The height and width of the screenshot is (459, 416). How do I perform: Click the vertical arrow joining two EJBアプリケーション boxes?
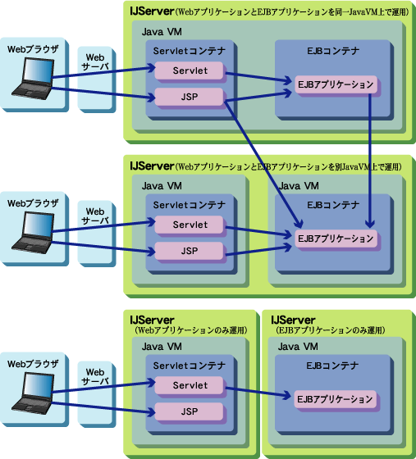[370, 161]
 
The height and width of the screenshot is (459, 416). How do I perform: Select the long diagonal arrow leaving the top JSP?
[263, 164]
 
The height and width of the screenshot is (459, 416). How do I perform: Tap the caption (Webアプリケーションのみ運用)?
[190, 330]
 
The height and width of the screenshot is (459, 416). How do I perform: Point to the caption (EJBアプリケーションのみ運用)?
[330, 330]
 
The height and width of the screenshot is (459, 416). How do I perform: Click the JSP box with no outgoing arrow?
[189, 411]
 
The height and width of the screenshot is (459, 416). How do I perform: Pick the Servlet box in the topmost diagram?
[189, 70]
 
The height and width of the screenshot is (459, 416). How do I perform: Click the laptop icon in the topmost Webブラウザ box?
[33, 79]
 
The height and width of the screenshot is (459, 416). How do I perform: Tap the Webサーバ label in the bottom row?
[95, 376]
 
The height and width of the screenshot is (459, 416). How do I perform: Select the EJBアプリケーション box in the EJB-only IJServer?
[335, 399]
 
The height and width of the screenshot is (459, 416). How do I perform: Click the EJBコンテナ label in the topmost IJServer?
[333, 51]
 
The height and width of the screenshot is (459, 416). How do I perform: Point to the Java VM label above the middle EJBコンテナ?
[299, 186]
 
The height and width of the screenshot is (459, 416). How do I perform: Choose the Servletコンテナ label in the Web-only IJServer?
[190, 366]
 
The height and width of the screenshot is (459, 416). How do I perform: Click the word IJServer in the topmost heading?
[152, 11]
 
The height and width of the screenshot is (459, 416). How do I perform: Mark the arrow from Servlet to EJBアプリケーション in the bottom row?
[258, 393]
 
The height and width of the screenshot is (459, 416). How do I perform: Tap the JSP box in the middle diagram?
[189, 251]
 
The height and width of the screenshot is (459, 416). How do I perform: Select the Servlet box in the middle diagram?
[189, 225]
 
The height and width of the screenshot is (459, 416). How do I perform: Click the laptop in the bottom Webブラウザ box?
[33, 393]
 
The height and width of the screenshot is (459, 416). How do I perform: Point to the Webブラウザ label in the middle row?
[33, 203]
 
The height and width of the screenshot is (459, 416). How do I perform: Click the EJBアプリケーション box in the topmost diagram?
[336, 84]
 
